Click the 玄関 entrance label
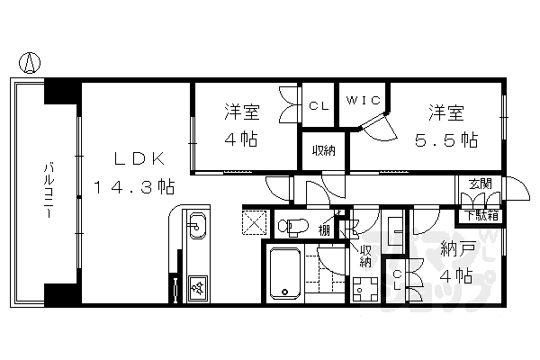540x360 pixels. [479, 184]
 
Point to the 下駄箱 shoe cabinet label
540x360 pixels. [479, 215]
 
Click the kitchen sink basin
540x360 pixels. [196, 226]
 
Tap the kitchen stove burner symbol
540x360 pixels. [197, 287]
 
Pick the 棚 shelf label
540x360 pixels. [323, 229]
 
